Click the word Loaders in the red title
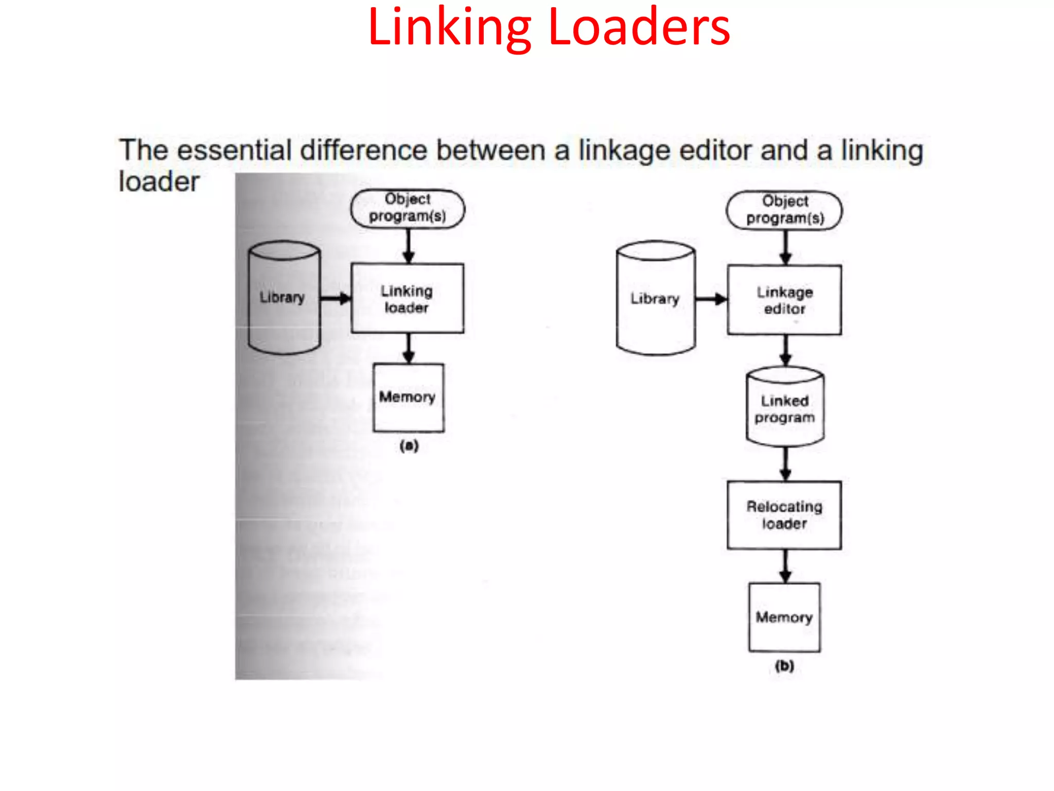pyautogui.click(x=639, y=28)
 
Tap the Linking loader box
pyautogui.click(x=407, y=299)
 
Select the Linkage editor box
pyautogui.click(x=784, y=300)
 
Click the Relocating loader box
pyautogui.click(x=784, y=515)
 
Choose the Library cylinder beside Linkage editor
pyautogui.click(x=656, y=299)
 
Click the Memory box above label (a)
pyautogui.click(x=408, y=398)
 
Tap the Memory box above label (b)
pyautogui.click(x=784, y=617)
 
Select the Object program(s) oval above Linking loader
pyautogui.click(x=408, y=208)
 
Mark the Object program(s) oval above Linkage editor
pyautogui.click(x=784, y=210)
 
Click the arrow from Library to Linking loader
pyautogui.click(x=336, y=298)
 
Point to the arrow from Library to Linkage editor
pyautogui.click(x=711, y=299)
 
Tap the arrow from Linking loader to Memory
pyautogui.click(x=409, y=349)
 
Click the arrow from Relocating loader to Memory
pyautogui.click(x=785, y=566)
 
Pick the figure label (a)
pyautogui.click(x=409, y=445)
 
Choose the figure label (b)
pyautogui.click(x=784, y=666)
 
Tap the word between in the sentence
pyautogui.click(x=491, y=151)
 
